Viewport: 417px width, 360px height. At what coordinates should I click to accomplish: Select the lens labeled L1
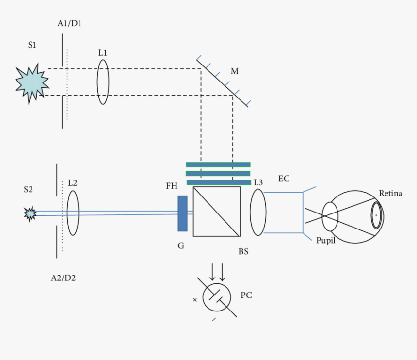pyautogui.click(x=103, y=82)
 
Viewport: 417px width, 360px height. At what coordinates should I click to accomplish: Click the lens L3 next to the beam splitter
pyautogui.click(x=258, y=213)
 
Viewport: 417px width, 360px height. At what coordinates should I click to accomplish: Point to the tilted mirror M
pyautogui.click(x=222, y=82)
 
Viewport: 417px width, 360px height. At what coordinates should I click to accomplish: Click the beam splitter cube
pyautogui.click(x=216, y=212)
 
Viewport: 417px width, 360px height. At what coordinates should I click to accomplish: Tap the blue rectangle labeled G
pyautogui.click(x=182, y=213)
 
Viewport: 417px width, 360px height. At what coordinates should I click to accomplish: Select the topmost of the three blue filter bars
pyautogui.click(x=218, y=164)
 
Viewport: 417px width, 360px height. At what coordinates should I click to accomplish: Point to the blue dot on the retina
pyautogui.click(x=376, y=215)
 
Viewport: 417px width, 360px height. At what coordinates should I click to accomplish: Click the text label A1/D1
pyautogui.click(x=69, y=24)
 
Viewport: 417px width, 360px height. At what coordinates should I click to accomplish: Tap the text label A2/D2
pyautogui.click(x=64, y=278)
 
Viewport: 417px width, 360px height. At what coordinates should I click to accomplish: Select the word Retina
pyautogui.click(x=390, y=194)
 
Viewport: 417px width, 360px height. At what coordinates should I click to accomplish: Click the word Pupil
pyautogui.click(x=325, y=241)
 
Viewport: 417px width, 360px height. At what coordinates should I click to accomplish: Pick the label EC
pyautogui.click(x=284, y=179)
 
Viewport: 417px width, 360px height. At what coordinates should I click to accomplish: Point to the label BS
pyautogui.click(x=243, y=252)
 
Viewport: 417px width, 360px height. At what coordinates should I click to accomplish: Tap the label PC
pyautogui.click(x=246, y=295)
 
